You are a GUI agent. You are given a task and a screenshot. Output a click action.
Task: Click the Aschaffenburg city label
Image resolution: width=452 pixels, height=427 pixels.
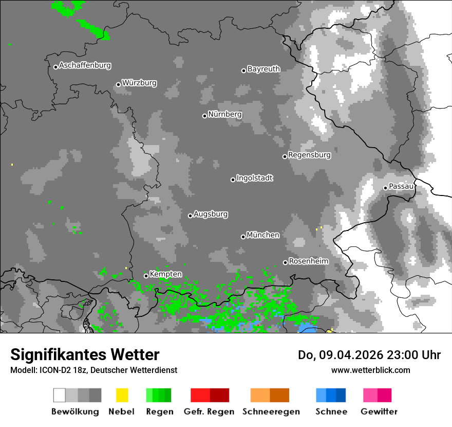pyautogui.click(x=85, y=65)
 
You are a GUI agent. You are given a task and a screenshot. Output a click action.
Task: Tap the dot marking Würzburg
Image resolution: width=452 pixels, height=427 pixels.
pyautogui.click(x=118, y=84)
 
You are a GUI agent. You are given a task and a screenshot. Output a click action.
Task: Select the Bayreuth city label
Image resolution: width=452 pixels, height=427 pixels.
pyautogui.click(x=263, y=69)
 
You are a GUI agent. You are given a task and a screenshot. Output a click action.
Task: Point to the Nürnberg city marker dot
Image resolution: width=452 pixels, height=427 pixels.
pyautogui.click(x=204, y=116)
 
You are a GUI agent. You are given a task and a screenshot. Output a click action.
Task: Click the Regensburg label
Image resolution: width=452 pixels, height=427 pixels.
pyautogui.click(x=309, y=155)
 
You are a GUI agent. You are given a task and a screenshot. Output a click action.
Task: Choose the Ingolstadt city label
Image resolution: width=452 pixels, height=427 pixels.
pyautogui.click(x=254, y=178)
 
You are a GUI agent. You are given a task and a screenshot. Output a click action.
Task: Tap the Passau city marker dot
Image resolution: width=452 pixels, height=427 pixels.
pyautogui.click(x=385, y=188)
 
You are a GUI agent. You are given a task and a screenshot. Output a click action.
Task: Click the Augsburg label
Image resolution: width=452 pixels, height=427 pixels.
pyautogui.click(x=211, y=214)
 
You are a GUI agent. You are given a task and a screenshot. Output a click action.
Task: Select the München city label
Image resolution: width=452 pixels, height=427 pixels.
pyautogui.click(x=263, y=235)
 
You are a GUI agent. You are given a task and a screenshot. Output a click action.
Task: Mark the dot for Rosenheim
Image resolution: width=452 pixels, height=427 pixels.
pyautogui.click(x=285, y=263)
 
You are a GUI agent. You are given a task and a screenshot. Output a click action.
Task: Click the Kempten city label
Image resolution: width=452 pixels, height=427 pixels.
pyautogui.click(x=165, y=274)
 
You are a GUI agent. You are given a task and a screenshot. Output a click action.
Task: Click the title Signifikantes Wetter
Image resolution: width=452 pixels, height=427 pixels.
pyautogui.click(x=85, y=355)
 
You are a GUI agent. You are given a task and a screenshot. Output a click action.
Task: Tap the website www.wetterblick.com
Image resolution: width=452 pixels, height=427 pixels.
pyautogui.click(x=370, y=370)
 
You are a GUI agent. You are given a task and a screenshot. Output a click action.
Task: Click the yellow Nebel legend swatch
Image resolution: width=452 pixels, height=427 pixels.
pyautogui.click(x=122, y=395)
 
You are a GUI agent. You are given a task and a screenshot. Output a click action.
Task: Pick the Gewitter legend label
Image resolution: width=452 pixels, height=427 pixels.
pyautogui.click(x=379, y=412)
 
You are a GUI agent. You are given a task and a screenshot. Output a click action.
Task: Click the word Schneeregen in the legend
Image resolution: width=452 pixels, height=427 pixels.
pyautogui.click(x=271, y=412)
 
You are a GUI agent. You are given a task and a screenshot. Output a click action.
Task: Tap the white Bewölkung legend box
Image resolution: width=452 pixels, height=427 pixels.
pyautogui.click(x=60, y=395)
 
